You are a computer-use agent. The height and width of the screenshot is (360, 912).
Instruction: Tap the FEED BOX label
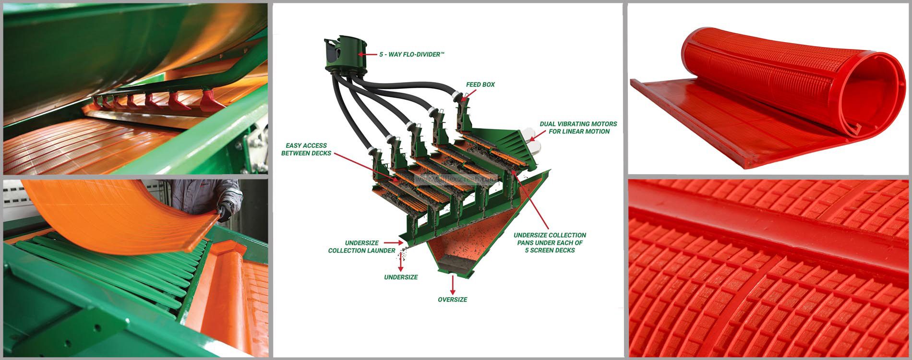pos(480,84)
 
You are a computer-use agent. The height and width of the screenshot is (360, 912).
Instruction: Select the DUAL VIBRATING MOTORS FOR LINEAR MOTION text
pos(578,128)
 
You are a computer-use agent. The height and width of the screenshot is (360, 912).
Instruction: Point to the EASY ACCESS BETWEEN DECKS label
pos(306,149)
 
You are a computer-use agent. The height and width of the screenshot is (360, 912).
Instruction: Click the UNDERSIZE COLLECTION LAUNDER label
pos(361,247)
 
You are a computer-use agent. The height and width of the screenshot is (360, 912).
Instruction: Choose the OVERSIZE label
pos(452,300)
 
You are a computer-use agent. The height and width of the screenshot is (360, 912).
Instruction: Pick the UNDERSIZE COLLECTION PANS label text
pos(550,242)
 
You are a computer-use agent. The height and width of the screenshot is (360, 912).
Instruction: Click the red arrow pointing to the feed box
pos(466,95)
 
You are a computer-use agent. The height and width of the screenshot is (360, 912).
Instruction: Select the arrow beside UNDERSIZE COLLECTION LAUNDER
pos(404,243)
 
